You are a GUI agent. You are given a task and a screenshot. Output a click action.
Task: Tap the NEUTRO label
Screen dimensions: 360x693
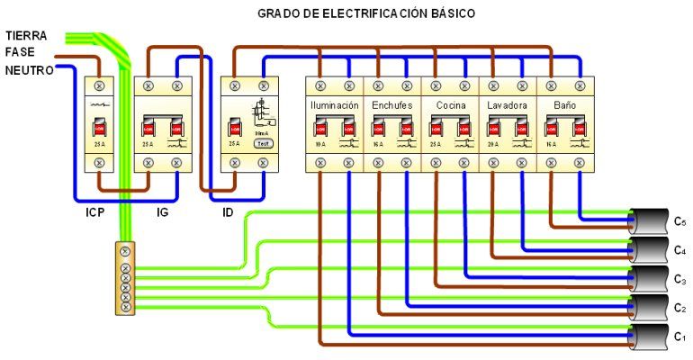coord(26,69)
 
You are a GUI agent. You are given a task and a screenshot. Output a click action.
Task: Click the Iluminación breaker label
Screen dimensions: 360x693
coord(335,105)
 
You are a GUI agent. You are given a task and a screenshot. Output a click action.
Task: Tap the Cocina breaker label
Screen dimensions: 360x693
coord(450,105)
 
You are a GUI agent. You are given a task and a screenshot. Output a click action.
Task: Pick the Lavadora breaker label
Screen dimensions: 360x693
coord(508,105)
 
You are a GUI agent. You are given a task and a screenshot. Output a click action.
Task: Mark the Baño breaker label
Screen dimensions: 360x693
coord(564,105)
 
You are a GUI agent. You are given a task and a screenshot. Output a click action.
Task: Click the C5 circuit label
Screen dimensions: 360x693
coord(680,221)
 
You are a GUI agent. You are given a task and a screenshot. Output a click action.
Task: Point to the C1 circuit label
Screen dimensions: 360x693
coord(680,338)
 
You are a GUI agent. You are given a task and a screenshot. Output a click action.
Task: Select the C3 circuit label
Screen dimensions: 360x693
coord(680,280)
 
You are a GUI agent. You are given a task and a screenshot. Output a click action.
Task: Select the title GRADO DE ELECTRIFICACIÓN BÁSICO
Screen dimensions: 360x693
coord(365,13)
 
